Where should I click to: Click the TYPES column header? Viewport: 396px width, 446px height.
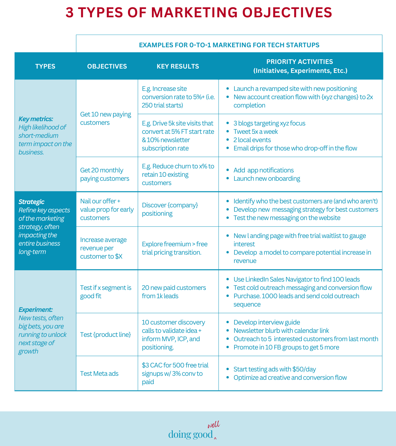[x=45, y=66]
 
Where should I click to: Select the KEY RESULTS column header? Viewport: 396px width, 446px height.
[x=178, y=66]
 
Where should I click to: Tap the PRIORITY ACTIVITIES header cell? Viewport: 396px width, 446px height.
[x=300, y=66]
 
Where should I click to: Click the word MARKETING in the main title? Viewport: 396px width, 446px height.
[x=195, y=13]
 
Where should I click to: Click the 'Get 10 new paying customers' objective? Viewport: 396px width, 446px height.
[x=106, y=118]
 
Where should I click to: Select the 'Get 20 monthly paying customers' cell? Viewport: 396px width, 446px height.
[x=104, y=174]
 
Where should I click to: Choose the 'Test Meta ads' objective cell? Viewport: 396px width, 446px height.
[x=99, y=373]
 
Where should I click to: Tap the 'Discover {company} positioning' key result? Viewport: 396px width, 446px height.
[x=170, y=209]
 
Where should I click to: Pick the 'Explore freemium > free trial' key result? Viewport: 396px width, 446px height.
[x=175, y=248]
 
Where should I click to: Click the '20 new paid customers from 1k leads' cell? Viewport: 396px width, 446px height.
[x=174, y=292]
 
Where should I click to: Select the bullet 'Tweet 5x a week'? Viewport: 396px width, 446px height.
[x=255, y=131]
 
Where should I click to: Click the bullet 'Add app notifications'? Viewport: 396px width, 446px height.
[x=263, y=170]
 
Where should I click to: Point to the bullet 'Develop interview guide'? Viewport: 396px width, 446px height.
[x=267, y=322]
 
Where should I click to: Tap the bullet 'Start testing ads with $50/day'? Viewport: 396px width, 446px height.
[x=275, y=369]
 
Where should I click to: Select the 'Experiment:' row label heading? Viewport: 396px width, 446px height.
[x=36, y=310]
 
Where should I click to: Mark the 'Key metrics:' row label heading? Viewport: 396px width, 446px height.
[x=36, y=119]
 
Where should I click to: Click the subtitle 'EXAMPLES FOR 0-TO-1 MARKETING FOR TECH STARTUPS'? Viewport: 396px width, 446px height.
[x=229, y=45]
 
